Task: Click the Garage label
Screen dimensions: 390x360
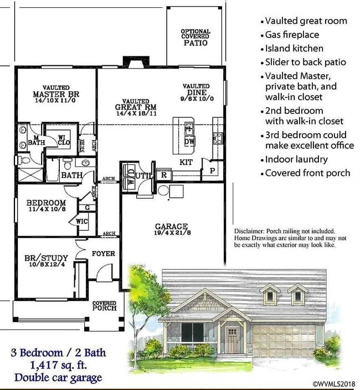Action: [x=171, y=227]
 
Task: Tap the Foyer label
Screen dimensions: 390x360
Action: [x=103, y=254]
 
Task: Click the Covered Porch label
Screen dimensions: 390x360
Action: [x=104, y=306]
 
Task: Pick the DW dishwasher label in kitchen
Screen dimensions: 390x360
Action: [x=189, y=142]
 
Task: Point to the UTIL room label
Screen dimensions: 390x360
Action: [x=144, y=175]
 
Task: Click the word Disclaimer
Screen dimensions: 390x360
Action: [x=246, y=231]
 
